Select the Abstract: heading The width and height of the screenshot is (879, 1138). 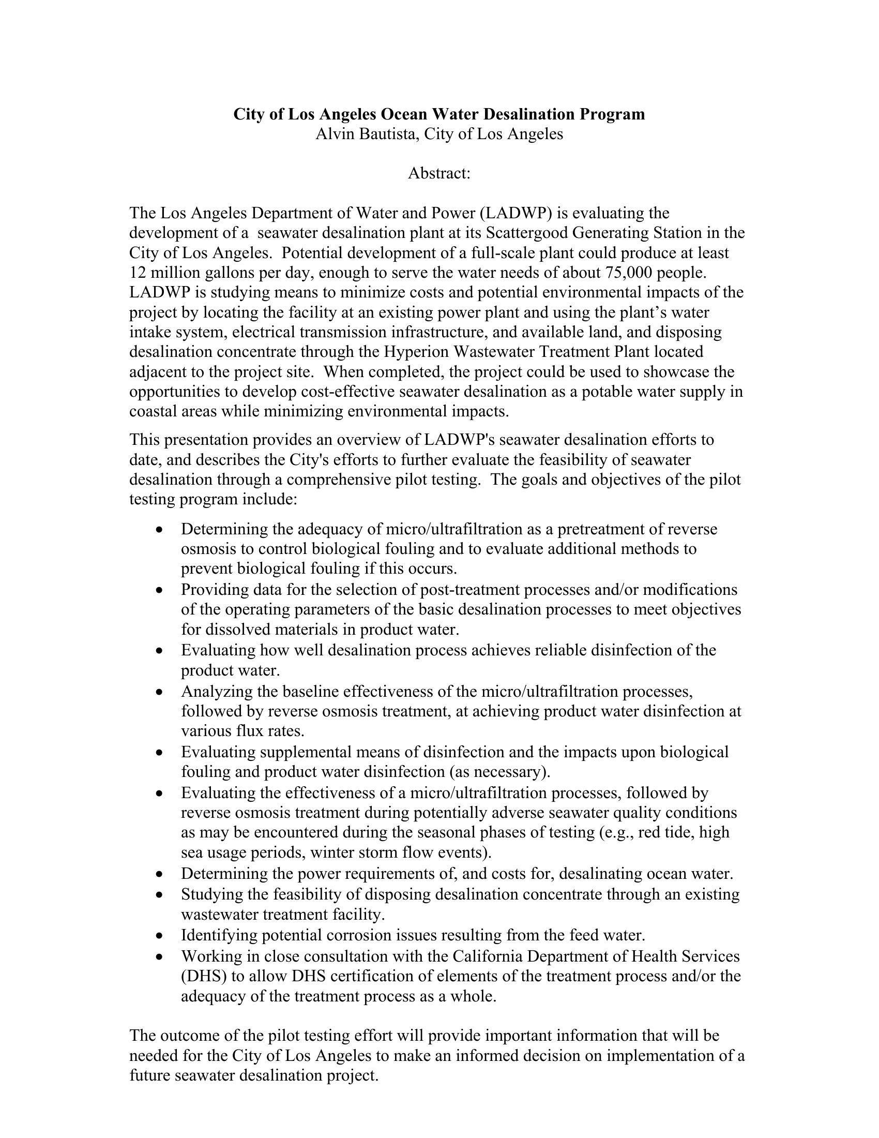tap(439, 173)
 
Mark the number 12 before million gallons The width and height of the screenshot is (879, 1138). tap(138, 273)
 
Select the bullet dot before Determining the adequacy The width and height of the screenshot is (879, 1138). tap(160, 530)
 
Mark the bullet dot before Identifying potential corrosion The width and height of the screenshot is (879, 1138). tap(160, 936)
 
